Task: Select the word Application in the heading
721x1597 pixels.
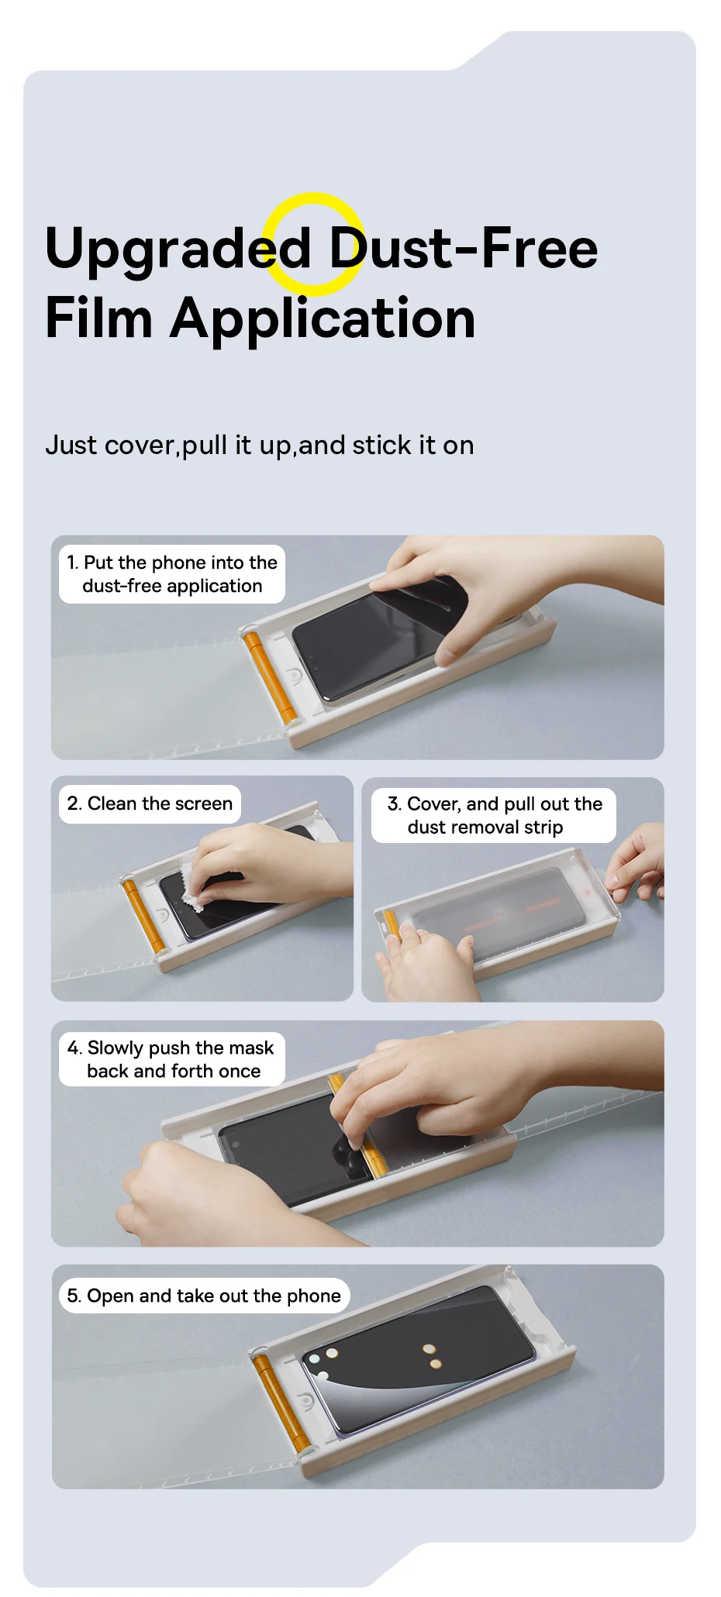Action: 323,320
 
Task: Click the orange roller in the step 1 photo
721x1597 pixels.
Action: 268,677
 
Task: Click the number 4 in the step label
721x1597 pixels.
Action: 74,1048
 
